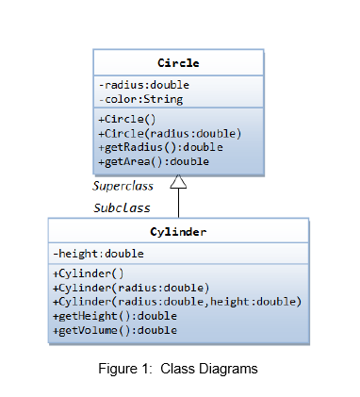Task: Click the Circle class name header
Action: click(178, 63)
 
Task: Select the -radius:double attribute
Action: click(143, 85)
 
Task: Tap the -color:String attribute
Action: click(140, 99)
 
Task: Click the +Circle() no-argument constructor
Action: click(126, 119)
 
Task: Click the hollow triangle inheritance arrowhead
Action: click(178, 183)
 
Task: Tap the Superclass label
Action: click(123, 186)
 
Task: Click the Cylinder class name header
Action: click(178, 231)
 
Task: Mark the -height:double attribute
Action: click(98, 254)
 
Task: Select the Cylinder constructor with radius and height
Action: click(177, 302)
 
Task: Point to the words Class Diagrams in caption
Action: click(208, 369)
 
